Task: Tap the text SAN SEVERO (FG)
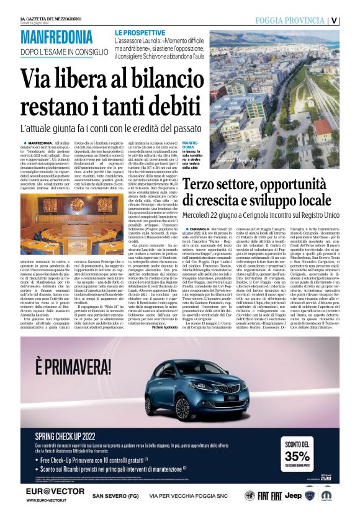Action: pos(115,496)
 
